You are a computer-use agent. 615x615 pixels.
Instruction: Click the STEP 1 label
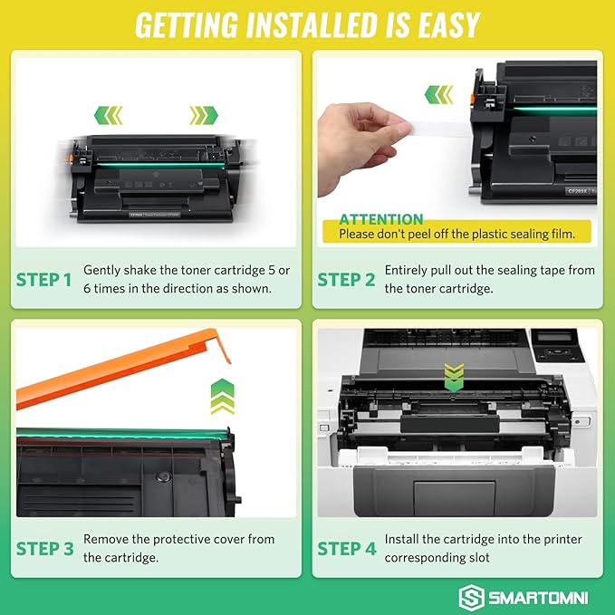point(43,280)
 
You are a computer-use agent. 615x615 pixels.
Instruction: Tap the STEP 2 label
point(346,280)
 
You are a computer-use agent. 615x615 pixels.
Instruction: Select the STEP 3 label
point(43,548)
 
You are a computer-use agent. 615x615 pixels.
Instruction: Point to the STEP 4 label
point(346,548)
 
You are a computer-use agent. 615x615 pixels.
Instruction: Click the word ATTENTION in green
point(380,219)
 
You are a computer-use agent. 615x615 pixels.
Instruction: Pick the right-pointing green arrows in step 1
point(204,115)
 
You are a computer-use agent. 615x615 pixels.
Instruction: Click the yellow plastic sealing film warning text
point(456,235)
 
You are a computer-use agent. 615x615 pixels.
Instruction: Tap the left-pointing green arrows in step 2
point(439,93)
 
